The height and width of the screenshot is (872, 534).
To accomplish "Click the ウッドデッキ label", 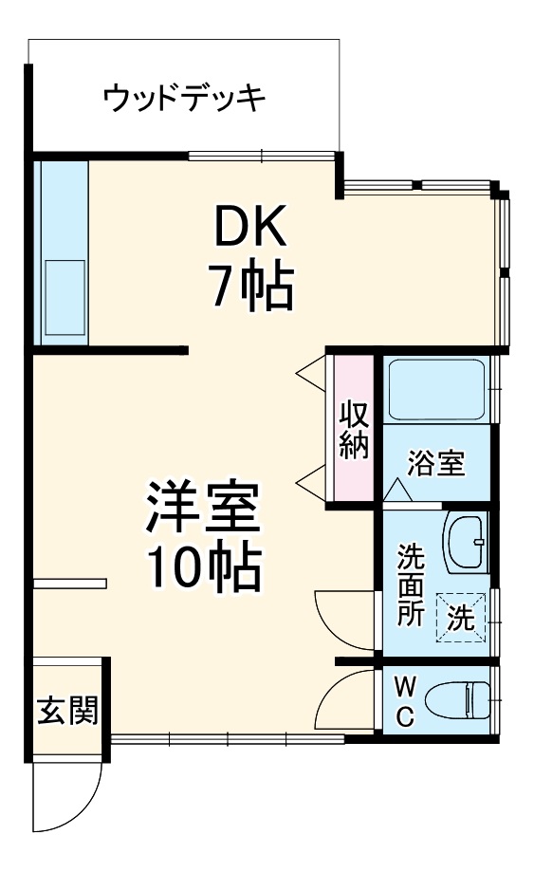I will tap(183, 98).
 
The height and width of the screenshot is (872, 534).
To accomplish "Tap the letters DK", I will tap(249, 229).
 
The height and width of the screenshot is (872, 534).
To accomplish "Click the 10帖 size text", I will tap(202, 567).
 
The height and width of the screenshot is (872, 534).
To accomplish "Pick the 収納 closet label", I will tap(354, 431).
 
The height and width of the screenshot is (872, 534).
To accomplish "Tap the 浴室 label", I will tap(435, 464).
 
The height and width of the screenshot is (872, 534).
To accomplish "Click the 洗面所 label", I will tap(411, 583).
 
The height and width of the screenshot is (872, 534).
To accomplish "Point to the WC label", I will tap(404, 700).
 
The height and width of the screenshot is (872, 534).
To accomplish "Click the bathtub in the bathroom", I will tap(437, 391).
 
